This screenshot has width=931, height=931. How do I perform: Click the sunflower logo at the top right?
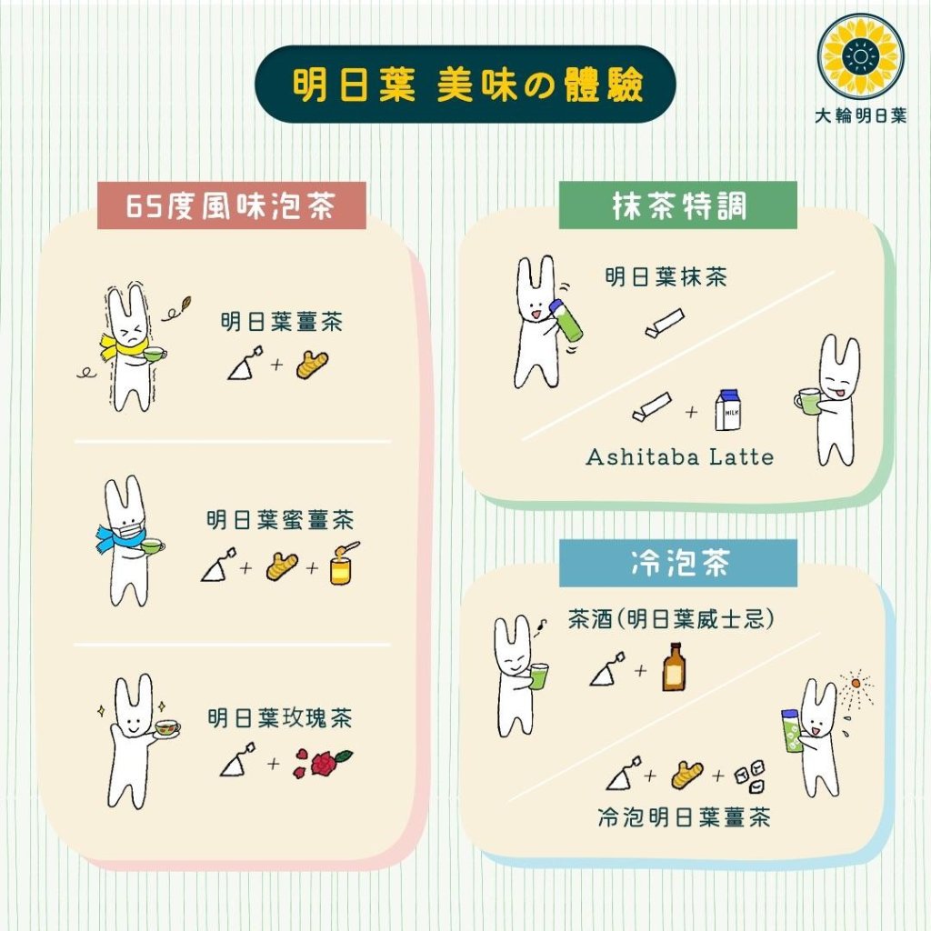pos(860,57)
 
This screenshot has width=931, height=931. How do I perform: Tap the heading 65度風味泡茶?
pos(232,206)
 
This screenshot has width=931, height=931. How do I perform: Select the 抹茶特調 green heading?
pos(678,206)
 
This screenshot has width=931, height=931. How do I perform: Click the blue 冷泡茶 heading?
pos(678,563)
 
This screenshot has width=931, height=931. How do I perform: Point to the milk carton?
pos(728,410)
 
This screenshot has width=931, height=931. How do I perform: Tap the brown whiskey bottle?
pos(674,666)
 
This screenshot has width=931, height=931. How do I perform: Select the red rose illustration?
pos(323,763)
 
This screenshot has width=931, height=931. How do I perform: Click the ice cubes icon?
pos(750,776)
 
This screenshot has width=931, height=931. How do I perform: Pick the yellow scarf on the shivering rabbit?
pos(124,349)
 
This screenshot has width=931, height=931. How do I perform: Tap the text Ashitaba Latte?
pos(680,457)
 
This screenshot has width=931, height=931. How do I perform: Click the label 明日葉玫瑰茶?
pos(280,718)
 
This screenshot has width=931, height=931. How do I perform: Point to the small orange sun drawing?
pos(855,684)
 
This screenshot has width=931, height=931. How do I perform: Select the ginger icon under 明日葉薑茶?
pos(313,365)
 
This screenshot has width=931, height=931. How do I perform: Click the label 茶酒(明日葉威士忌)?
pos(671,619)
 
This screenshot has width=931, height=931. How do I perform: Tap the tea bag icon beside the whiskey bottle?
pos(607,669)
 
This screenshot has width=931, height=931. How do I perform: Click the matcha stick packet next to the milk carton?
pos(651,406)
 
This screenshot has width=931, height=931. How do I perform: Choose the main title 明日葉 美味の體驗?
pos(466,85)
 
